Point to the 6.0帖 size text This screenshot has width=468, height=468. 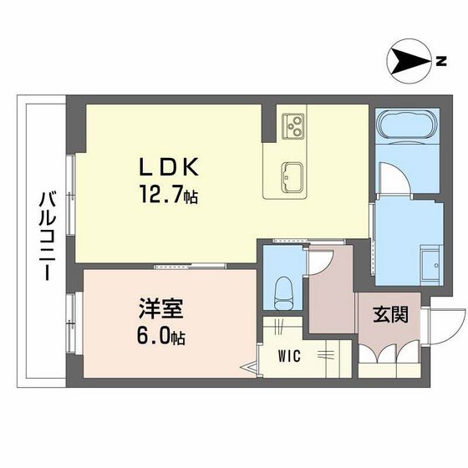tap(158, 338)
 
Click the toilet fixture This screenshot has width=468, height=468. tap(283, 287)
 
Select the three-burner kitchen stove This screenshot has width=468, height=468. tap(294, 125)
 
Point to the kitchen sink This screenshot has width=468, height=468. tap(292, 176)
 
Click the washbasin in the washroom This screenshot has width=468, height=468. tap(430, 264)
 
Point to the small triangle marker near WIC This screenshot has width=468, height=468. tap(249, 365)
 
